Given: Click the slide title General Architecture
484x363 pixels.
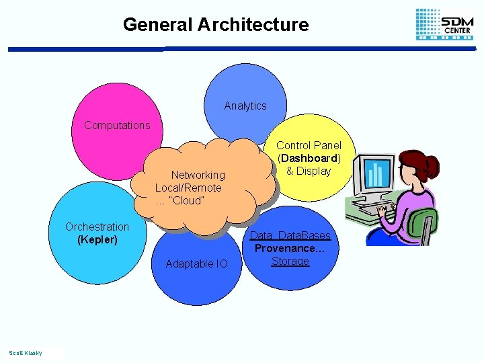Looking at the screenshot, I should click(x=216, y=25).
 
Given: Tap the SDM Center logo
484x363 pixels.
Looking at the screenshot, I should click(x=444, y=24).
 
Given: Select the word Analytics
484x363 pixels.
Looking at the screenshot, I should click(x=245, y=106).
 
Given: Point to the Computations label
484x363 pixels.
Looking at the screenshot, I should click(x=117, y=125).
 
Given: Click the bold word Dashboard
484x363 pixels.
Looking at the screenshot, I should click(x=310, y=158).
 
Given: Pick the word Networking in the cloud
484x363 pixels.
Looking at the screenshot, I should click(x=198, y=175).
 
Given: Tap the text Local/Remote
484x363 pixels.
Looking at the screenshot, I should click(x=188, y=188).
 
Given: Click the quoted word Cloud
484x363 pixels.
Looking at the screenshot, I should click(x=189, y=200).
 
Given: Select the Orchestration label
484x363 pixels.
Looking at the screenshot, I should click(x=97, y=227).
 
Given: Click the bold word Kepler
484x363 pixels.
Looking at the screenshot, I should click(x=97, y=239).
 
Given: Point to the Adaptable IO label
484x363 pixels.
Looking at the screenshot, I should click(x=196, y=264).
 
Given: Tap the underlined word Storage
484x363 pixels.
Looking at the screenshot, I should click(x=290, y=261).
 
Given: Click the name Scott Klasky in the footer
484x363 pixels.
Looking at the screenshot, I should click(x=25, y=353).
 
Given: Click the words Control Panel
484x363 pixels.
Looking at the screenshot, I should click(x=309, y=145).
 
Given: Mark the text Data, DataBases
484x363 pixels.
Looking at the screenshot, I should click(x=290, y=235).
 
